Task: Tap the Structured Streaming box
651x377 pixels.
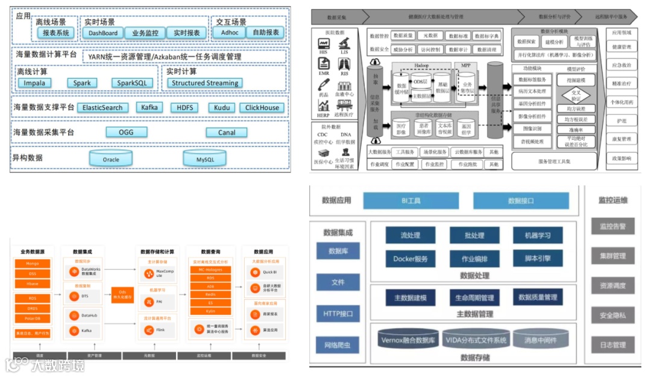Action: (x=205, y=83)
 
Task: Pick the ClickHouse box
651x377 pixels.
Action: (x=262, y=108)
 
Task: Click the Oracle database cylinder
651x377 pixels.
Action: (x=111, y=159)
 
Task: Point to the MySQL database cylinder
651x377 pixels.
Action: (x=205, y=159)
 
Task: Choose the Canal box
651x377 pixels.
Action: (x=227, y=133)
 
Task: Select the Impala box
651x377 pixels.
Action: (x=34, y=83)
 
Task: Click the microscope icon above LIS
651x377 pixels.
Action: (x=344, y=43)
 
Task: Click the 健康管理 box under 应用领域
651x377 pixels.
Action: (x=621, y=46)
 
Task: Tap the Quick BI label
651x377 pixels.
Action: (x=268, y=271)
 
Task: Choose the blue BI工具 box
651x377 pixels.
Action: (x=411, y=200)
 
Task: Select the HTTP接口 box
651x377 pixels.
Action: (x=338, y=314)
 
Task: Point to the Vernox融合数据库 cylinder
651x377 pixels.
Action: (x=408, y=340)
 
